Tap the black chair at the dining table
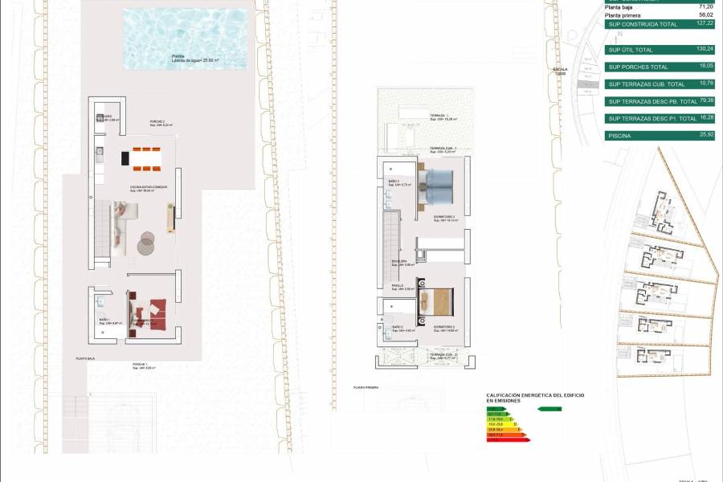(125, 158)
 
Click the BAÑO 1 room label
(104, 320)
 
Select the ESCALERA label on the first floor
(399, 261)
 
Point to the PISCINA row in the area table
(620, 136)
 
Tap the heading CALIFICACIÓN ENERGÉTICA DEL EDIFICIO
(535, 395)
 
